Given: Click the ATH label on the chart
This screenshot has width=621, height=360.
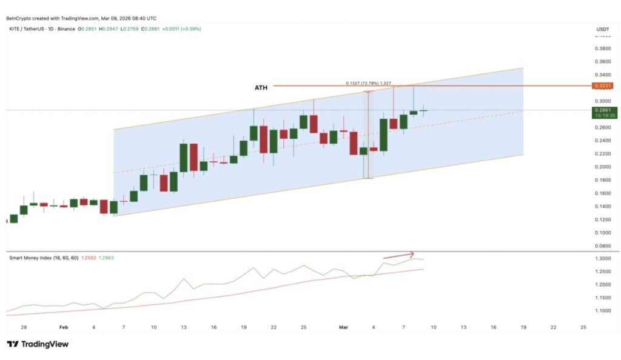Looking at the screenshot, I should click(261, 88).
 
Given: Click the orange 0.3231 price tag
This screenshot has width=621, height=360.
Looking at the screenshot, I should click(602, 86).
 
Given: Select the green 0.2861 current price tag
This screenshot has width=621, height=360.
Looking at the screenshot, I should click(602, 110).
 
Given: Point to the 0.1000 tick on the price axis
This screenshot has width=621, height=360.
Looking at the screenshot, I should click(602, 233).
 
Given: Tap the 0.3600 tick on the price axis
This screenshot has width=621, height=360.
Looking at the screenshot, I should click(602, 61).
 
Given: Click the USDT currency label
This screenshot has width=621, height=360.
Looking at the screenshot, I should click(602, 29).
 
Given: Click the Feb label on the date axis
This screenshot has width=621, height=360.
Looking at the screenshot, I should click(64, 327).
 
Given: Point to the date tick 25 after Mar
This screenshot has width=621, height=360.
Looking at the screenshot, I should click(583, 327).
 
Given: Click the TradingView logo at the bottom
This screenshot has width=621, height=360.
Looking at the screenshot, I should click(38, 344).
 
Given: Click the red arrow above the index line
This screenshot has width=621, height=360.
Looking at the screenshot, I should click(398, 255).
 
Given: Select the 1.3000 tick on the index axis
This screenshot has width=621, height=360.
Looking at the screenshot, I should click(602, 259).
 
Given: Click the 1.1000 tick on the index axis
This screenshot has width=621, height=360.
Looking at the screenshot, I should click(602, 310).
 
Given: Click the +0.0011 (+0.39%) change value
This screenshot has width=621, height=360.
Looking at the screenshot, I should click(180, 29).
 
